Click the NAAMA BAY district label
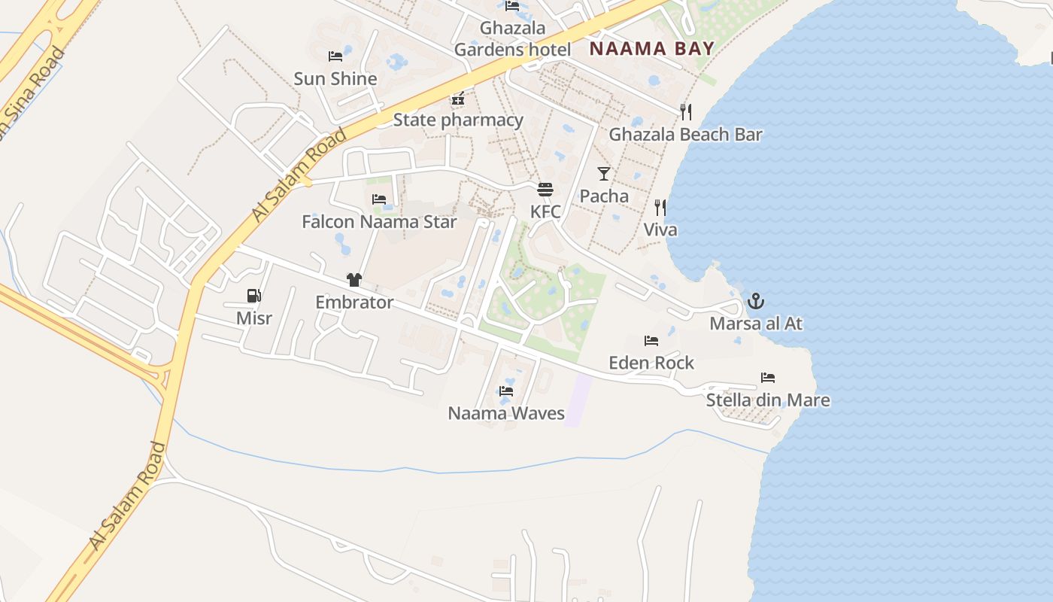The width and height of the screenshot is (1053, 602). point(651,50)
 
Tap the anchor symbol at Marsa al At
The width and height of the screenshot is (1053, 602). point(756,302)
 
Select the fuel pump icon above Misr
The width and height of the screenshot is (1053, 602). point(254,296)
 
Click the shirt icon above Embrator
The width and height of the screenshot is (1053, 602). point(354,280)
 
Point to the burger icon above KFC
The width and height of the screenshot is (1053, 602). point(545,189)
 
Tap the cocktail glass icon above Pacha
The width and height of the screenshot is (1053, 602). point(604,174)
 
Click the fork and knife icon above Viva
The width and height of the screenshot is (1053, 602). point(660,208)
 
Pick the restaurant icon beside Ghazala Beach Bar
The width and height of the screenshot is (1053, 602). point(686,112)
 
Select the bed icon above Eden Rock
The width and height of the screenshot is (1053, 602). point(651,341)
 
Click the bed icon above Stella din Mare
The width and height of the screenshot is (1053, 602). point(768,378)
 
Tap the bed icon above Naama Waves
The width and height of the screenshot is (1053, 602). point(506,391)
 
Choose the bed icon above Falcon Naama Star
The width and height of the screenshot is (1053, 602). point(379,199)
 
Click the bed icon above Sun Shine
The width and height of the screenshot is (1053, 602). point(335,56)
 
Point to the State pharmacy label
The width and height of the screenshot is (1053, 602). point(458,120)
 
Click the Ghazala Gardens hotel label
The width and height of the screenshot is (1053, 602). point(512,39)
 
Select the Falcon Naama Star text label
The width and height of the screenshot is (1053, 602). point(379,222)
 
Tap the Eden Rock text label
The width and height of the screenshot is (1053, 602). point(651,363)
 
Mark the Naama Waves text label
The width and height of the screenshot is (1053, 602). point(506,413)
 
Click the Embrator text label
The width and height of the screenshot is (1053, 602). point(354,303)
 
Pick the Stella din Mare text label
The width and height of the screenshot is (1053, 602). point(768,400)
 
